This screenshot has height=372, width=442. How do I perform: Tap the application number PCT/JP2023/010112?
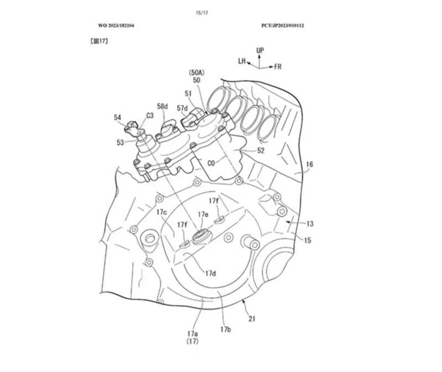coord(284,25)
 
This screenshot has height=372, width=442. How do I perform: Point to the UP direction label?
coord(260,50)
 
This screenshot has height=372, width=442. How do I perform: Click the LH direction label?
coord(242,61)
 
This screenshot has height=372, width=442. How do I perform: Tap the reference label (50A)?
coord(197,72)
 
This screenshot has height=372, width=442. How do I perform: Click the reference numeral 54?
coord(118,117)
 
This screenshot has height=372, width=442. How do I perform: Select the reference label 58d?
coord(162,106)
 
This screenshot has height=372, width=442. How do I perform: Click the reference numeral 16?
coord(309,164)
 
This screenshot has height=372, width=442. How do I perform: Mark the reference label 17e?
coord(203,214)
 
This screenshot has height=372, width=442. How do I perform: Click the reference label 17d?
coord(211,273)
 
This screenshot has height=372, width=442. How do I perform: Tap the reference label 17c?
coord(161,212)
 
